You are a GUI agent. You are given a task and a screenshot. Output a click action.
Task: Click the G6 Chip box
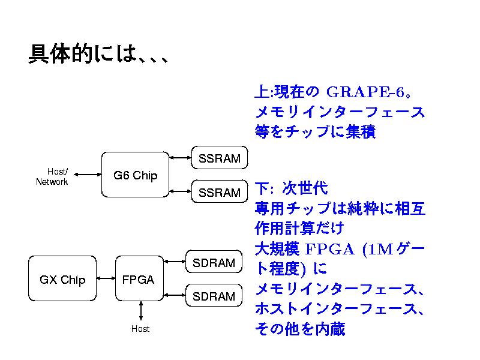(x=135, y=175)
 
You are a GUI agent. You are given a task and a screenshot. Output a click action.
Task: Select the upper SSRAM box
(x=219, y=158)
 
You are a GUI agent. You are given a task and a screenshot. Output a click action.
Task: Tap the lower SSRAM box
(x=219, y=192)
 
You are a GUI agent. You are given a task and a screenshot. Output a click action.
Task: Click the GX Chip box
(x=62, y=279)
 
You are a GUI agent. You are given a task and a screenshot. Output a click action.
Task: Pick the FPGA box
(x=138, y=279)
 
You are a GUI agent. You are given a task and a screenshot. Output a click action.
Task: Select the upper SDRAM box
(x=214, y=263)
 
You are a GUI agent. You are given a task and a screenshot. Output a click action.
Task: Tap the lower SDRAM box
(x=214, y=296)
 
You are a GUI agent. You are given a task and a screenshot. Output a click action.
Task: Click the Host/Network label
(x=52, y=176)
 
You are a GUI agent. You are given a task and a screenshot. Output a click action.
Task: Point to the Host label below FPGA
(x=140, y=329)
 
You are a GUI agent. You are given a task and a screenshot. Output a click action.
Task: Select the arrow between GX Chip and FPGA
(x=105, y=279)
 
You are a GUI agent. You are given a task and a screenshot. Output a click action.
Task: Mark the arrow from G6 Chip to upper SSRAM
(x=180, y=158)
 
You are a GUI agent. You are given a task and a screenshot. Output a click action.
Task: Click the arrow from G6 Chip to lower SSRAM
(x=180, y=191)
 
